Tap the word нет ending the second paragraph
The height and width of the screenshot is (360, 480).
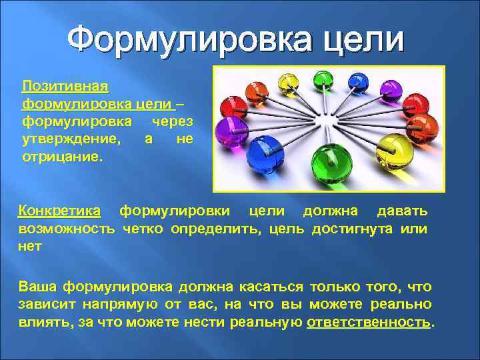(30, 247)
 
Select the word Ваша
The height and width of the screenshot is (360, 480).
(37, 287)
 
